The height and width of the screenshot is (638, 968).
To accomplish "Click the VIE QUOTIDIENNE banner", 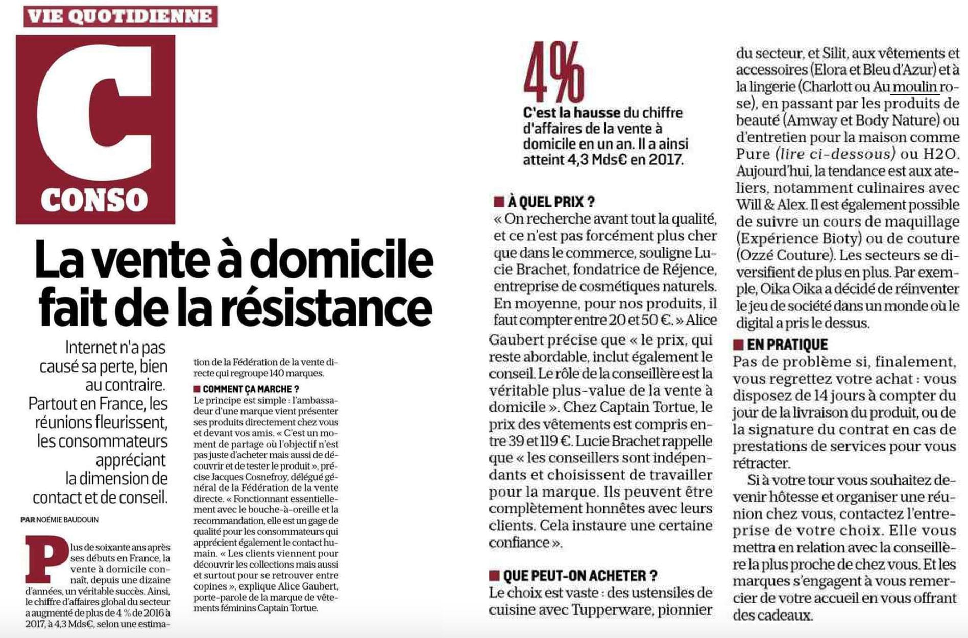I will [120, 16].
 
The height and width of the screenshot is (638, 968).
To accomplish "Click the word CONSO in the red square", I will [94, 200].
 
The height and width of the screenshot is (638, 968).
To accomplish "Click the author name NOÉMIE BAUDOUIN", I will [67, 520].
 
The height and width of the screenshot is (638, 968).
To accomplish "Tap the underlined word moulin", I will [914, 86].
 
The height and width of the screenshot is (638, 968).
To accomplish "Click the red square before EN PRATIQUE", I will [738, 345].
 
